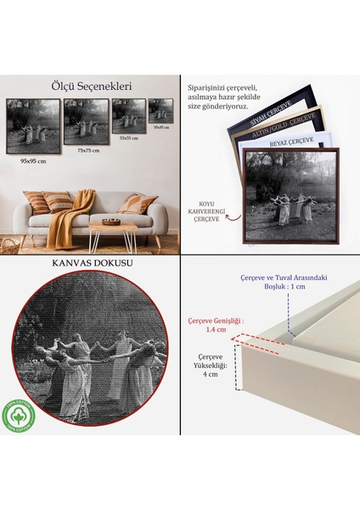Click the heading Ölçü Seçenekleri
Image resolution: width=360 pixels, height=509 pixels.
(x=91, y=86)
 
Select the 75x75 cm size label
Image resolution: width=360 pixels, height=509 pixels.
(x=88, y=150)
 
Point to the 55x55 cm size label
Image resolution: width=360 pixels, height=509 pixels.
(x=129, y=137)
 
